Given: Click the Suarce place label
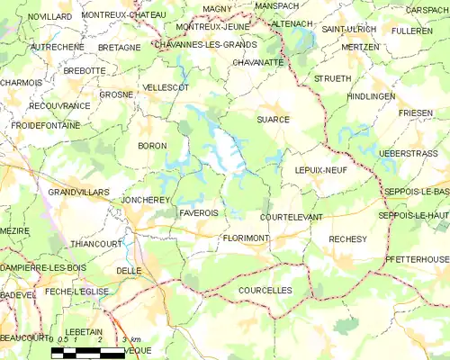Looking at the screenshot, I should (274, 119).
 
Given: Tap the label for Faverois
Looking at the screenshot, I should (199, 213).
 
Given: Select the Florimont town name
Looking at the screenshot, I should (246, 238).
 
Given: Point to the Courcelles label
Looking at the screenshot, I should (266, 291).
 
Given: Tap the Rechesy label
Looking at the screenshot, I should (348, 239).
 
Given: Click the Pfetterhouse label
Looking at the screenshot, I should (415, 260).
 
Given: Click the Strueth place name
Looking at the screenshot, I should (332, 79).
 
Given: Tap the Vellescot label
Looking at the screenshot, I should (166, 88).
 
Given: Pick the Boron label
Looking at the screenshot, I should (152, 146).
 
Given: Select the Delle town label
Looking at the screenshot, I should (129, 270).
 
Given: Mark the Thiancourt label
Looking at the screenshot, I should (95, 244).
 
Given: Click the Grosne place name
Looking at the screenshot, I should (117, 94).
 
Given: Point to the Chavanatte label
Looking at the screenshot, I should (258, 63).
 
